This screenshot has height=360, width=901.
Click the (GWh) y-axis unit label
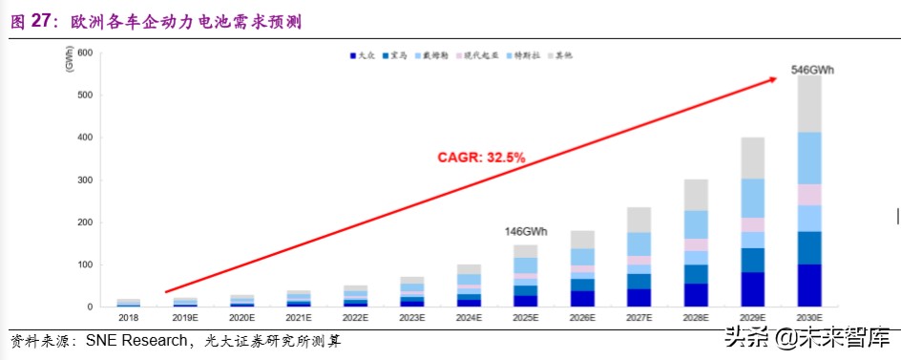tap(70, 60)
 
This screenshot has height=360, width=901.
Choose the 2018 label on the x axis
tap(128, 318)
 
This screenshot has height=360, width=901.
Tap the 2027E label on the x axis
tap(639, 318)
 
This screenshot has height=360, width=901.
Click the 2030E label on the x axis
tap(809, 318)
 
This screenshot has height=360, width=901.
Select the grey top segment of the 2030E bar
tap(809, 103)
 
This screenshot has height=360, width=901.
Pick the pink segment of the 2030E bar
tap(809, 195)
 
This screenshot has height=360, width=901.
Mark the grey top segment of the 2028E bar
tap(696, 195)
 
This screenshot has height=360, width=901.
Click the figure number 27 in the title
tap(41, 21)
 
